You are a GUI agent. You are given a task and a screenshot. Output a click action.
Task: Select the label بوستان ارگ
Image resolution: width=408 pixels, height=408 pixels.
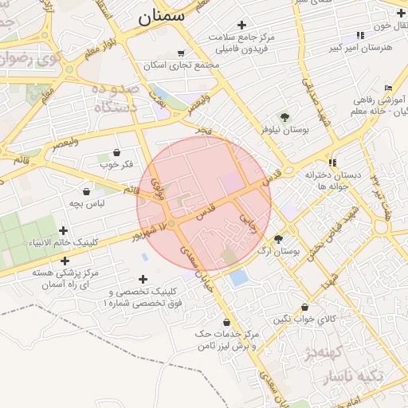click(x=277, y=251)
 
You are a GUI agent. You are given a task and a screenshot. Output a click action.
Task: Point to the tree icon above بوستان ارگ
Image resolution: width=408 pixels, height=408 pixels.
click(x=278, y=238)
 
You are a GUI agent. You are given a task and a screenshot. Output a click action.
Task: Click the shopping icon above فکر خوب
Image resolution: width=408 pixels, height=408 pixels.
click(x=117, y=152)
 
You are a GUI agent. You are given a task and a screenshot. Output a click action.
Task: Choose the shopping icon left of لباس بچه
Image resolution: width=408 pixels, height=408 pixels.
click(x=85, y=191)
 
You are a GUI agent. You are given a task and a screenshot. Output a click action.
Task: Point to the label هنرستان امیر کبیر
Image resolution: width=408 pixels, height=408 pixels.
click(x=361, y=48)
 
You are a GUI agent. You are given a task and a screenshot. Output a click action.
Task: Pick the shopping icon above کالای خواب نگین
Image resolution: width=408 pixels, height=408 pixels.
click(x=305, y=307)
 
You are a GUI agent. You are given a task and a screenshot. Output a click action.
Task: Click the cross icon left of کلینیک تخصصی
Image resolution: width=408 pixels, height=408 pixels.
click(x=143, y=279)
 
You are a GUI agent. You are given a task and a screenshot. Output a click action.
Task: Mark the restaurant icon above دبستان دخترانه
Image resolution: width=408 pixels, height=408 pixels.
click(x=332, y=163)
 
